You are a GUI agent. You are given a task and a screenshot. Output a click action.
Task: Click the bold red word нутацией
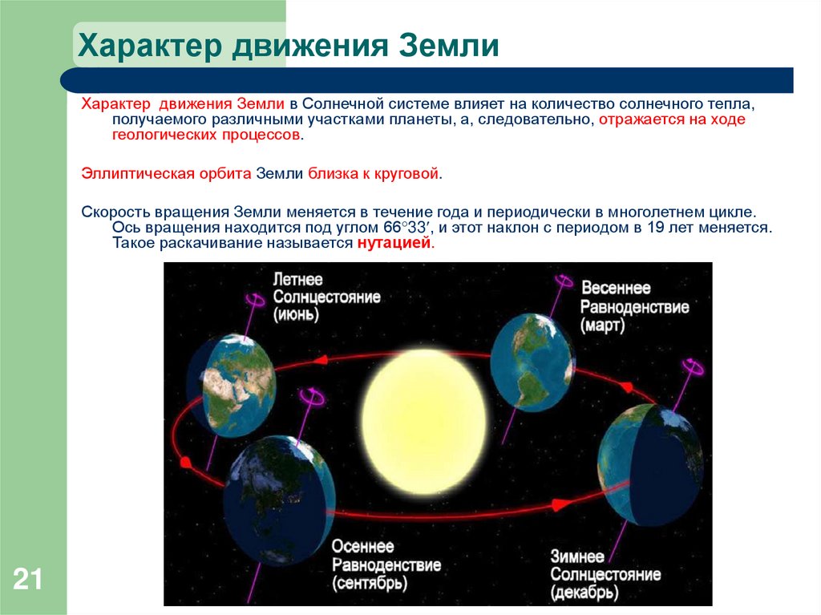(394, 244)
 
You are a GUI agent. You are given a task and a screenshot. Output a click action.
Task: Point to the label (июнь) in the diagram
(296, 314)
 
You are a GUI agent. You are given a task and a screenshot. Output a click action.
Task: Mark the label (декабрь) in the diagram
(584, 593)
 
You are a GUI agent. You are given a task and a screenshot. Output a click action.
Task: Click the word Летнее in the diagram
(297, 280)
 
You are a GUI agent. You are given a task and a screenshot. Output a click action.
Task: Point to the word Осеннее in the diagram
(363, 546)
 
